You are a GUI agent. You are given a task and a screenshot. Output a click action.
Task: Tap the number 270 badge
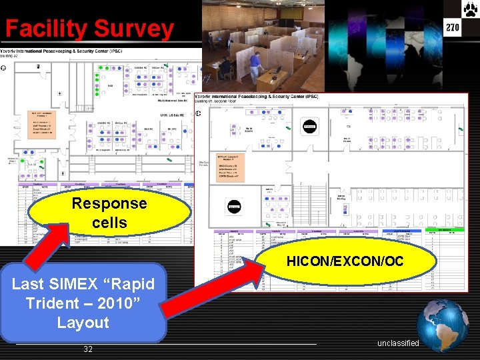coord(453,27)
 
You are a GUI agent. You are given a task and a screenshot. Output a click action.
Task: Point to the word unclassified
coord(398,343)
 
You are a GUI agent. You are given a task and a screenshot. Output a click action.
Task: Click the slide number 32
coord(88,349)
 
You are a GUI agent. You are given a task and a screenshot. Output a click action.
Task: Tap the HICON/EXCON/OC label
coord(345,261)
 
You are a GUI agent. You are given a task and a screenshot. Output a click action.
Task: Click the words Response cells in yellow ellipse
coord(109,213)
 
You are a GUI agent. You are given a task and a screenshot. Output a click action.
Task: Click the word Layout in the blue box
coord(83,323)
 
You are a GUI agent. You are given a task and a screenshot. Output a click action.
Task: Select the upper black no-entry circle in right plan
coord(309,125)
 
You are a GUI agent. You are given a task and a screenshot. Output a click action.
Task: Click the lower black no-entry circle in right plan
coord(234,207)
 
